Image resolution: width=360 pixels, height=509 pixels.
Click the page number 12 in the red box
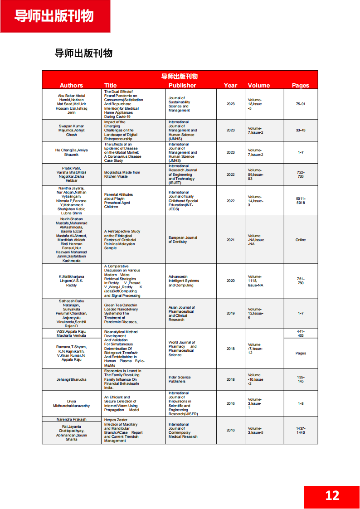332,495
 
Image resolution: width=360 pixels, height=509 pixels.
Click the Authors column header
71,85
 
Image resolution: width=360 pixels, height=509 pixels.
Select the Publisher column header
182,85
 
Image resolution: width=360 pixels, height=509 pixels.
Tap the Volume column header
259,85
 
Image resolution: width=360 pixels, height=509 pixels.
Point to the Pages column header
301,85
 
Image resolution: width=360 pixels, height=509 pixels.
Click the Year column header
230,85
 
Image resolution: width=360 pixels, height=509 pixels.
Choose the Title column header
110,85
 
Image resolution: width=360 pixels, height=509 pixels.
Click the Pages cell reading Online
301,240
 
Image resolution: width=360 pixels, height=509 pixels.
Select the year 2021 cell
230,240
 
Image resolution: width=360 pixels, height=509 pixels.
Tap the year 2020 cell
230,281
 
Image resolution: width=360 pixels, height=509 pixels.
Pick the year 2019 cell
230,313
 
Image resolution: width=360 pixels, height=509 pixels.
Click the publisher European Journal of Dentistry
183,240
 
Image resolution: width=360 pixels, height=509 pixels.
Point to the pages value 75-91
301,104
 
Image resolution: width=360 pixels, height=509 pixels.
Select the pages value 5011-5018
301,201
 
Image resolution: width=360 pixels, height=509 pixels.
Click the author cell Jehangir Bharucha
71,379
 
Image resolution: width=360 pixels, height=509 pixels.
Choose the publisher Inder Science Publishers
180,379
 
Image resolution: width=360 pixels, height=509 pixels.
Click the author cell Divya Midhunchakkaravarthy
71,403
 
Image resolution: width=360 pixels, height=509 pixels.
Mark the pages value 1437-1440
301,430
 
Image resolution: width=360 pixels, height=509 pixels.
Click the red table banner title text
180,77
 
